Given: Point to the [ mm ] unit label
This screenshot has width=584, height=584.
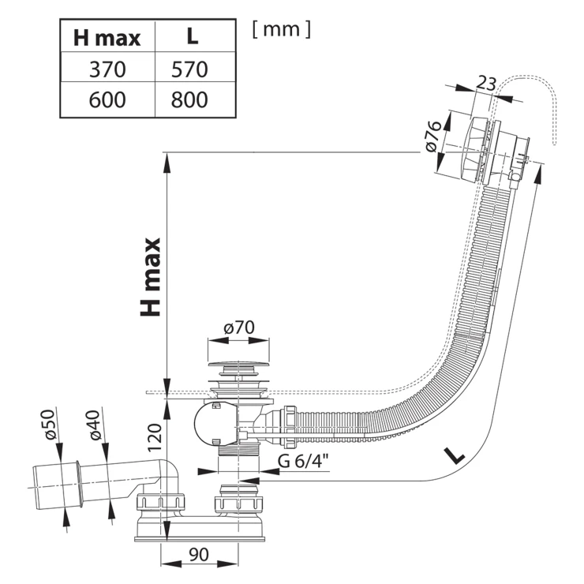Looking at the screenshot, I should (x=282, y=29).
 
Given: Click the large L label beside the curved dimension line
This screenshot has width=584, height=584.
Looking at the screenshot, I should (x=453, y=455).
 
